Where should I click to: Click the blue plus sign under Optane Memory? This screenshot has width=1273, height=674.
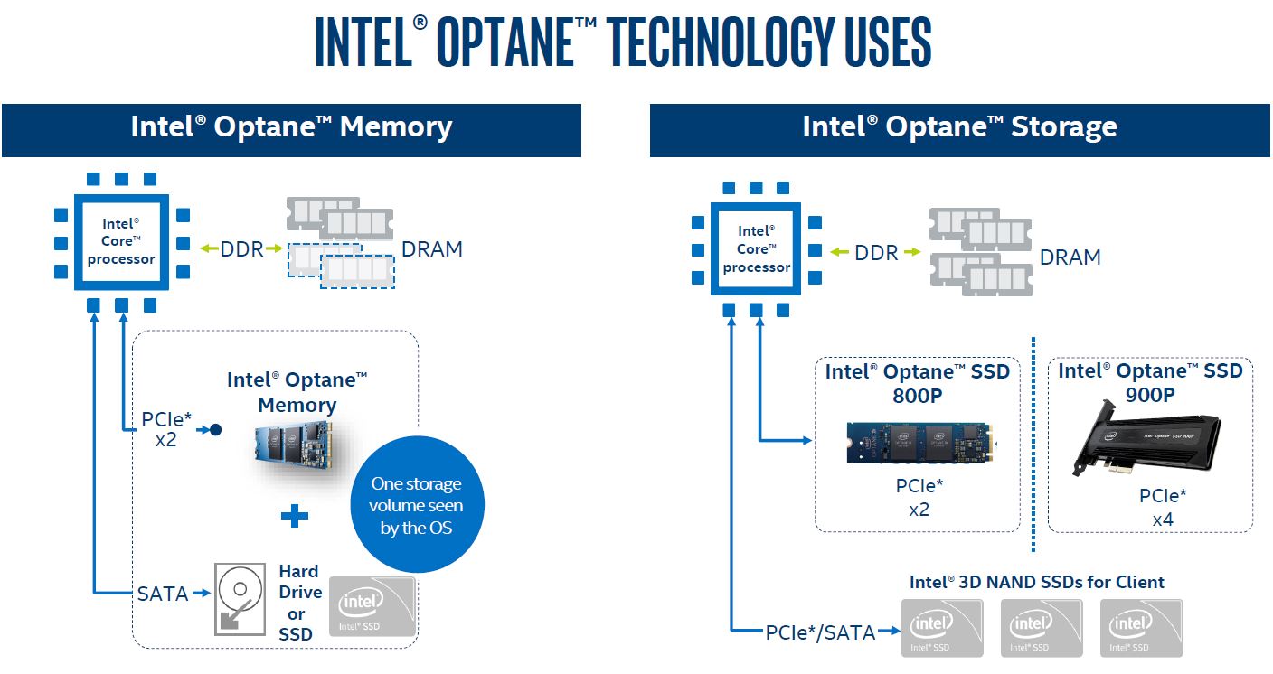[294, 516]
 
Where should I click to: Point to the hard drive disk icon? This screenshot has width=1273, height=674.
[240, 598]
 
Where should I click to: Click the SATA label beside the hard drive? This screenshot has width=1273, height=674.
[163, 594]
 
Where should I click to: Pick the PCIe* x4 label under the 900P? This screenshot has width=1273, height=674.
[1163, 507]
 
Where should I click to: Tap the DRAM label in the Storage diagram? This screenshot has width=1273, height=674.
[1070, 257]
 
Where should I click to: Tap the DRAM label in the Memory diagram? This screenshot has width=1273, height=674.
[432, 249]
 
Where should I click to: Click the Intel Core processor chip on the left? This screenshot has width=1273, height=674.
[122, 240]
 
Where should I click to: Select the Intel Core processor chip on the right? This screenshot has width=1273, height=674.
[757, 249]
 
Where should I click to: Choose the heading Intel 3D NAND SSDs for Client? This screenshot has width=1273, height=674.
[1036, 582]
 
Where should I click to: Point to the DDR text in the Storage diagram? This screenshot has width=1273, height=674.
[876, 254]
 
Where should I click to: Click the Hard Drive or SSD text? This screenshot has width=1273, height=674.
[299, 603]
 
